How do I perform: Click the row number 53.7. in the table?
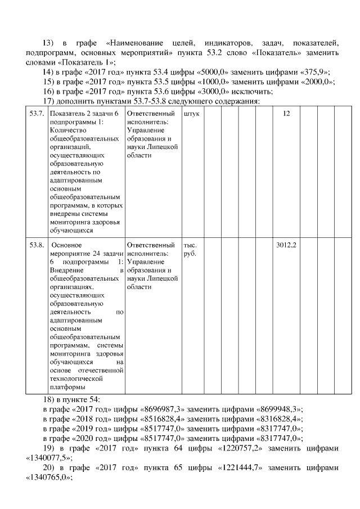(x=36, y=114)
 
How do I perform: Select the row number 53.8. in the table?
(x=36, y=246)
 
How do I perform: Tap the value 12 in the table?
(x=286, y=114)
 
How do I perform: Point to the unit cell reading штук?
(x=191, y=114)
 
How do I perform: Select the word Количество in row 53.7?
(x=67, y=130)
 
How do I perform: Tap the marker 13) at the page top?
(x=49, y=43)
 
